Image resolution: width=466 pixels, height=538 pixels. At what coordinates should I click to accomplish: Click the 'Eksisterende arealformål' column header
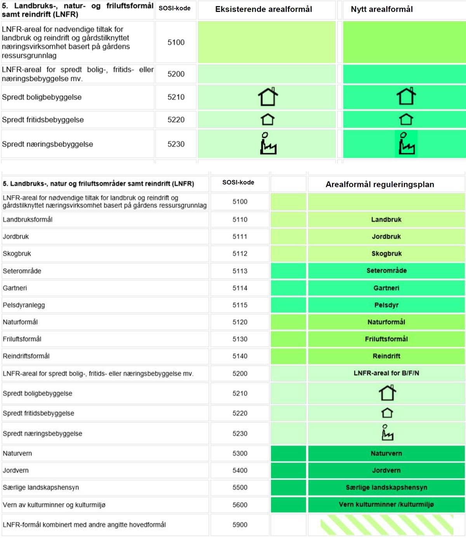(x=264, y=9)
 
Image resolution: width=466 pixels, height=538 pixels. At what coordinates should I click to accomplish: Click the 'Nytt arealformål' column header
(x=382, y=9)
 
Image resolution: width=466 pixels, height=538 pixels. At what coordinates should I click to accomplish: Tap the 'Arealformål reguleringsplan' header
(x=380, y=185)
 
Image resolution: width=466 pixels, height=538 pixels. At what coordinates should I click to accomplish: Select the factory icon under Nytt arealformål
(x=406, y=144)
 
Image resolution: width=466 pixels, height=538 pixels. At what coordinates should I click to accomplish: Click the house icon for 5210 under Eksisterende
(x=268, y=97)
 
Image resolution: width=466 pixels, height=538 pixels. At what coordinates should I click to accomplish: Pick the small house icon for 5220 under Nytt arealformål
(x=406, y=119)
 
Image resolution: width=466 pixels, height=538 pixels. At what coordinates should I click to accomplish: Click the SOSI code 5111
(x=240, y=237)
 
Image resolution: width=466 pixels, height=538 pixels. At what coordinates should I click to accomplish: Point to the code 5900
(x=240, y=525)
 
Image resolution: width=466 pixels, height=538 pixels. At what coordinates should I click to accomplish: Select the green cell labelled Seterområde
(x=386, y=271)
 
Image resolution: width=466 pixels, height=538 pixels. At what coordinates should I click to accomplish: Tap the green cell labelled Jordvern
(x=386, y=470)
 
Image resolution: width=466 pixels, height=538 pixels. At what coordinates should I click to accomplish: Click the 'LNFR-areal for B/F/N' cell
(x=386, y=373)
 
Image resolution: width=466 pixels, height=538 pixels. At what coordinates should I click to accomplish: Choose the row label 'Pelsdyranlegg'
(x=24, y=305)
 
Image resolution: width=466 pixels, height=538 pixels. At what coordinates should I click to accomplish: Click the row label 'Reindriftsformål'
(x=26, y=356)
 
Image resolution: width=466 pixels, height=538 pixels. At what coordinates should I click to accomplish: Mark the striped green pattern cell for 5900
(x=386, y=525)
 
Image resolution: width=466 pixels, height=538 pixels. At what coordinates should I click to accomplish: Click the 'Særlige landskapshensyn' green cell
(x=386, y=488)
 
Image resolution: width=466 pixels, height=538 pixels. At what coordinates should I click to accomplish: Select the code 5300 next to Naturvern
(x=240, y=453)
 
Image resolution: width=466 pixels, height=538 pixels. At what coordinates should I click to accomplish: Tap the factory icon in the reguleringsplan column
(x=387, y=433)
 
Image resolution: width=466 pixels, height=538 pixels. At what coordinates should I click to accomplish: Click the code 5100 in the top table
(x=176, y=42)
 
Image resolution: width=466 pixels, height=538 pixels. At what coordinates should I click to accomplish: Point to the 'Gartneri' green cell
(x=386, y=288)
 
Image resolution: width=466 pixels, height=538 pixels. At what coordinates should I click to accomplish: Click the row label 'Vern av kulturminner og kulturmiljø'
(x=54, y=505)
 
